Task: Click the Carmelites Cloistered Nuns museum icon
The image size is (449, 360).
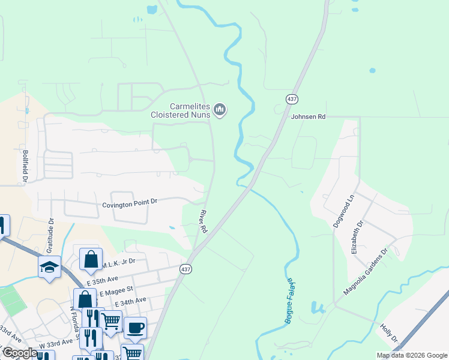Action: [220, 110]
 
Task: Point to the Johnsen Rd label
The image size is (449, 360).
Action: [308, 117]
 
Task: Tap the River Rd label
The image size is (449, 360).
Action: [203, 221]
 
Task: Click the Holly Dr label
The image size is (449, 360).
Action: [389, 333]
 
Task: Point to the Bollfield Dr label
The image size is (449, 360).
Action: [25, 166]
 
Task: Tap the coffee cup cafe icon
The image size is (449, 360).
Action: [135, 327]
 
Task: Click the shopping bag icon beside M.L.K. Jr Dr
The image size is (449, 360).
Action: [90, 260]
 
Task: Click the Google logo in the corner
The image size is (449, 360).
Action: [19, 353]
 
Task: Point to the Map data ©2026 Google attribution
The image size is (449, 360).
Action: [411, 355]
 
